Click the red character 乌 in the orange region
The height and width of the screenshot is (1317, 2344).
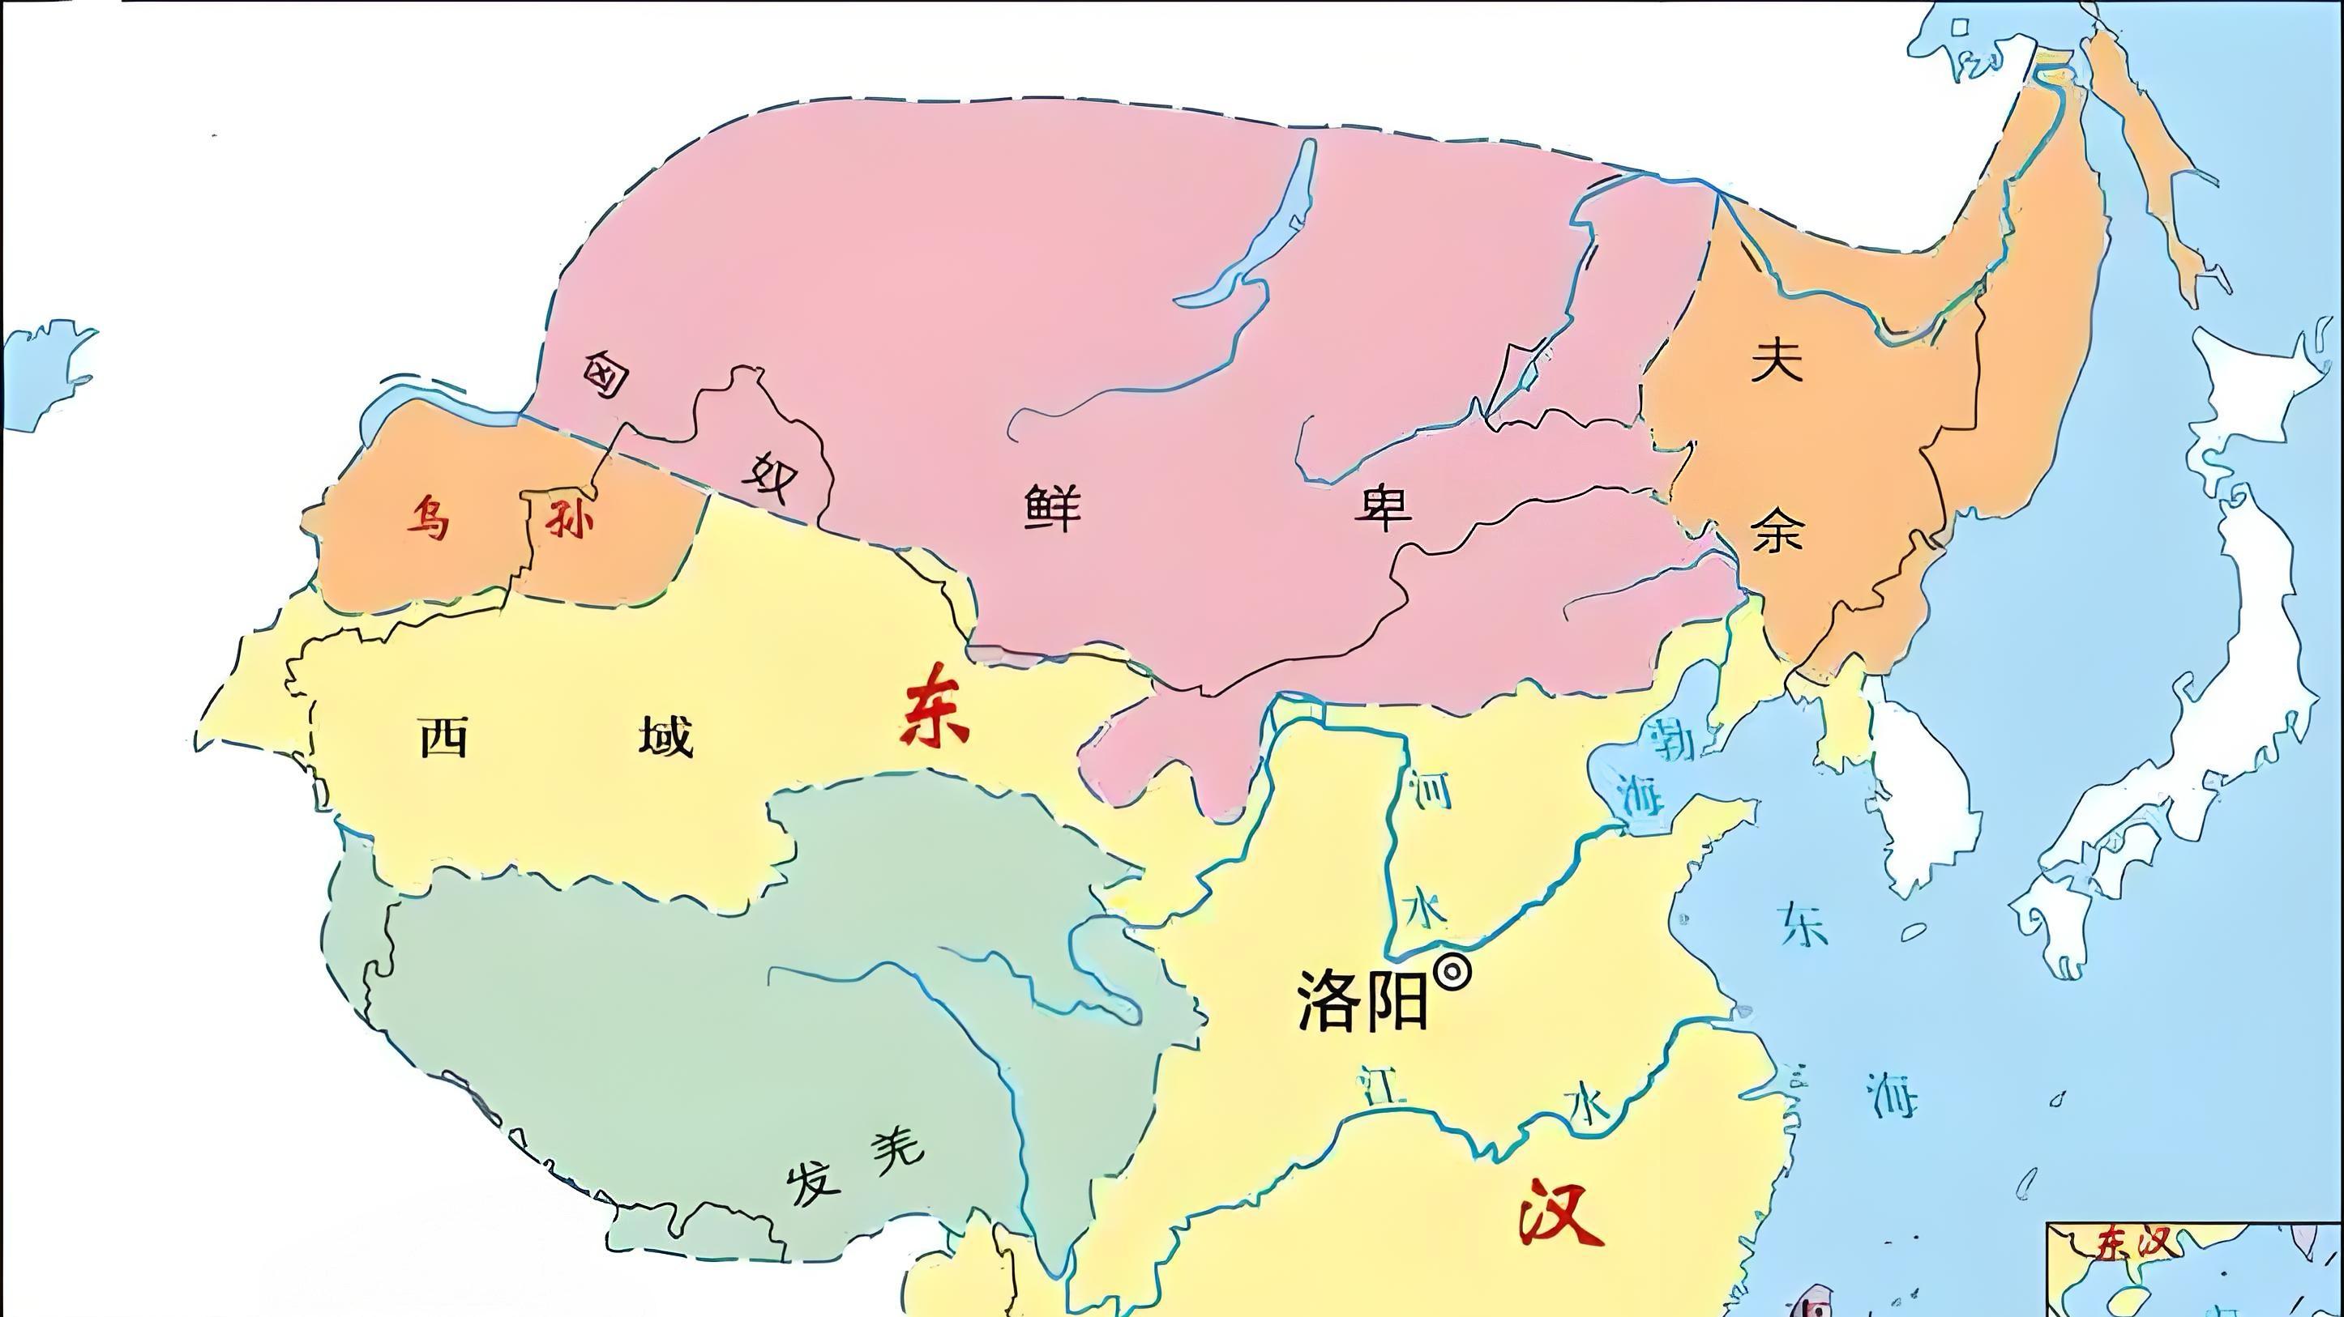coord(427,518)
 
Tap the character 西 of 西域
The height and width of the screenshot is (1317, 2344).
coord(444,737)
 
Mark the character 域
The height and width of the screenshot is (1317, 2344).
coord(665,737)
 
